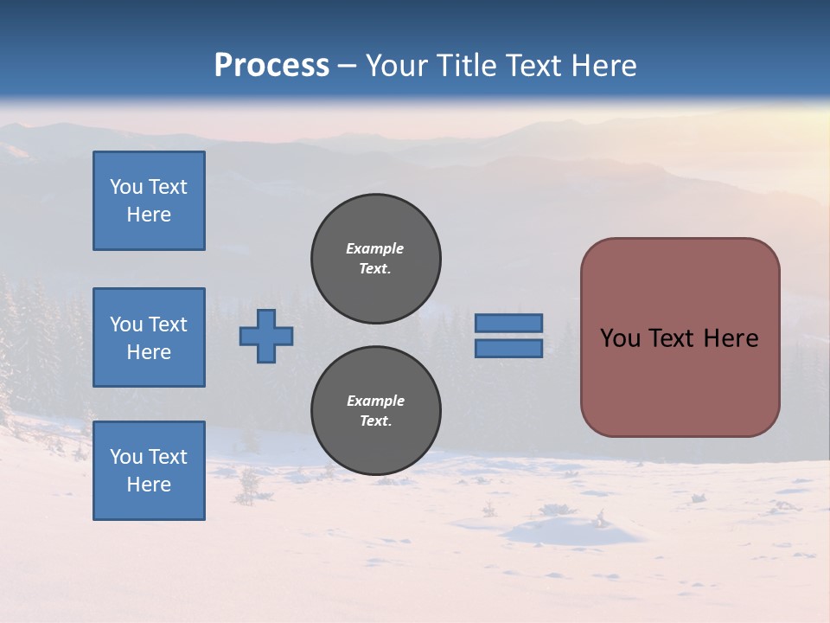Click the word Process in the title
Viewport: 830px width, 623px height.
coord(271,66)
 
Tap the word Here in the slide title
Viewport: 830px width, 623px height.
coord(603,66)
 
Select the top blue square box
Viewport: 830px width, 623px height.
coord(149,201)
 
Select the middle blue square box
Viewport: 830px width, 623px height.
coord(149,337)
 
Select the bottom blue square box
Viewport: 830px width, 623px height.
coord(149,470)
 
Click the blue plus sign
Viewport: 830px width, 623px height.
coord(266,336)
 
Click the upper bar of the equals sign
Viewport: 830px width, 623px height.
coord(508,323)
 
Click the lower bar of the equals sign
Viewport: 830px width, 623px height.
coord(508,348)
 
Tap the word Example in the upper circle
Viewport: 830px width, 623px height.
coord(375,248)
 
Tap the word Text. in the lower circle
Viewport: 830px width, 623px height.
coord(375,421)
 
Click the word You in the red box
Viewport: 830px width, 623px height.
coord(619,337)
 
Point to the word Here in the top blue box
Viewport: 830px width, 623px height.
coord(149,215)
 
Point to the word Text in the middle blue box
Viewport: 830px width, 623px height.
coord(168,324)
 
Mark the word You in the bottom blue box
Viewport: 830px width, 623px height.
coord(126,456)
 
